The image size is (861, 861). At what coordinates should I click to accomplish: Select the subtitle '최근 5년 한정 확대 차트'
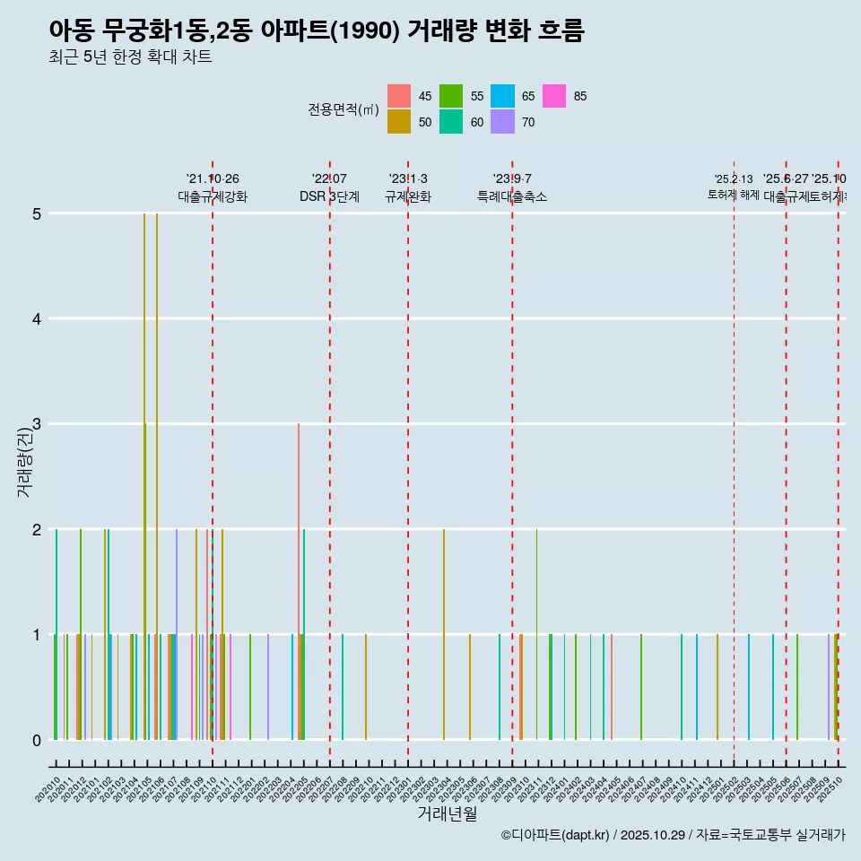tap(130, 58)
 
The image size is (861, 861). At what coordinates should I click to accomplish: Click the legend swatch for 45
tap(399, 96)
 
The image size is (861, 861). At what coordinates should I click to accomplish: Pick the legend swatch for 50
tap(399, 122)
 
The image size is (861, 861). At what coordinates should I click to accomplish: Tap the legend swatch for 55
tap(451, 96)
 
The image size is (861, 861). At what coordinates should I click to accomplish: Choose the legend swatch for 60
tap(451, 122)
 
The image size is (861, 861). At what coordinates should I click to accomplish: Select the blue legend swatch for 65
tap(503, 96)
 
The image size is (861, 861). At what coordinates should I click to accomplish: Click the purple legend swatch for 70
tap(503, 122)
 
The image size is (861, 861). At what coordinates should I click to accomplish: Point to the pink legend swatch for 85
tap(555, 96)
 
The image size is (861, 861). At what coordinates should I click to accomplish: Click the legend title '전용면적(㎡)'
tap(344, 109)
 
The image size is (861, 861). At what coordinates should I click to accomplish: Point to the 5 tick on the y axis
tap(37, 213)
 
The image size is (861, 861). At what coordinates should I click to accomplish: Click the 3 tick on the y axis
tap(37, 424)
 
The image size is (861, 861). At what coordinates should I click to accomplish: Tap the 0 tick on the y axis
tap(37, 740)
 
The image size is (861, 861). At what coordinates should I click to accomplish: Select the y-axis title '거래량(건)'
tap(24, 462)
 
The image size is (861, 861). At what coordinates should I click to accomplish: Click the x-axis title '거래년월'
tap(447, 813)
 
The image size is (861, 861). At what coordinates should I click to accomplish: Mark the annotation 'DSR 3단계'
tap(329, 196)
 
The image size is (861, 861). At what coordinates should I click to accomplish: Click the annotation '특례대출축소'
tap(511, 196)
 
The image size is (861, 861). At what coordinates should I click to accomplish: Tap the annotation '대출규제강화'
tap(212, 196)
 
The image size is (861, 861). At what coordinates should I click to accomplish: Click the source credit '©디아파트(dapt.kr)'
tap(556, 835)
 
